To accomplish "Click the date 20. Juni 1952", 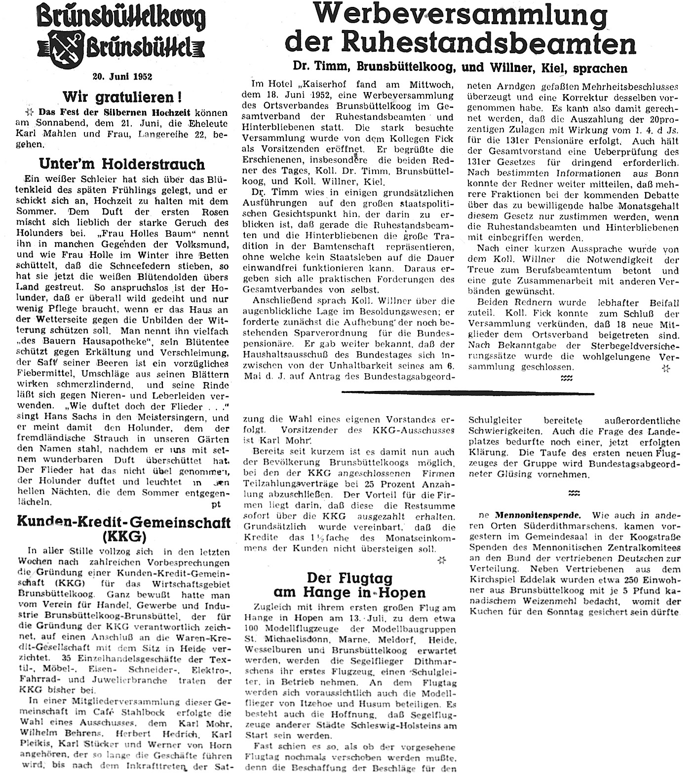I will tap(122, 76).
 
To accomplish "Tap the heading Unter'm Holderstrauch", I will tap(122, 163).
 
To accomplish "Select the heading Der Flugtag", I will tap(349, 577).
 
